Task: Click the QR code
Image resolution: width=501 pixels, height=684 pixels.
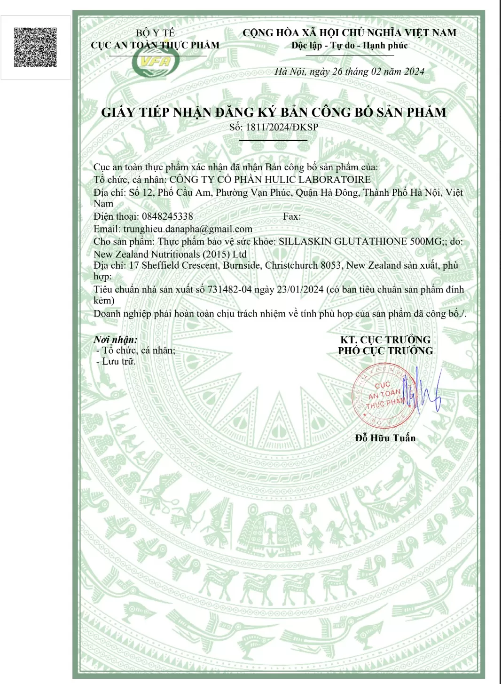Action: click(x=35, y=47)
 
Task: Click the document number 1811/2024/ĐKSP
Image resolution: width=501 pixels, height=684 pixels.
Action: click(x=282, y=127)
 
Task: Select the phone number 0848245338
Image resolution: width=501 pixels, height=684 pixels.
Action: click(x=166, y=216)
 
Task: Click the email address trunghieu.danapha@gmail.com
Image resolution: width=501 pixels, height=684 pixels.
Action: click(x=188, y=229)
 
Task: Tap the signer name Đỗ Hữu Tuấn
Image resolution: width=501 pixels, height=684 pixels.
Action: click(x=385, y=438)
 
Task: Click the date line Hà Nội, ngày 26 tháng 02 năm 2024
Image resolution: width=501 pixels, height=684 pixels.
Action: click(x=349, y=72)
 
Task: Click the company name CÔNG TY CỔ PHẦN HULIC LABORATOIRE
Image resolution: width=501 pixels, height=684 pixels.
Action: click(x=270, y=179)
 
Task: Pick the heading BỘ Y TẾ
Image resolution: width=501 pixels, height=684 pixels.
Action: click(x=155, y=33)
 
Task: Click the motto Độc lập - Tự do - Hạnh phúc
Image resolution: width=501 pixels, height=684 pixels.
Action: click(x=349, y=46)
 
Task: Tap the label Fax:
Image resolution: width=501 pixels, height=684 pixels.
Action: click(x=292, y=216)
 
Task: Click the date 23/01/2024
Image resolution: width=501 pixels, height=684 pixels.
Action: click(x=300, y=289)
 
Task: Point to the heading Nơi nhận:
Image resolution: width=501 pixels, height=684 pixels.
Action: click(x=116, y=340)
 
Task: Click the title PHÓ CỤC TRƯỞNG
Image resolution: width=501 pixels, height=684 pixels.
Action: click(x=385, y=351)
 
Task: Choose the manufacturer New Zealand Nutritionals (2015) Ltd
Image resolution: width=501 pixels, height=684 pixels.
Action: click(x=170, y=254)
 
